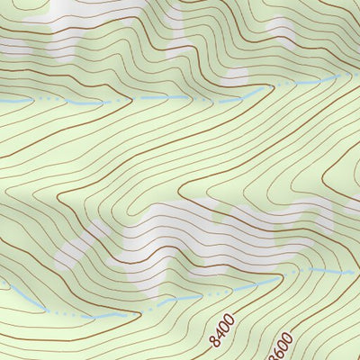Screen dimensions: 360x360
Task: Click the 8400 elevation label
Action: click(x=222, y=331)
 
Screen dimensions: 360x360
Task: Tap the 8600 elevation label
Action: click(x=282, y=345)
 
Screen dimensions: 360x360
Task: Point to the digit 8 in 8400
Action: click(x=214, y=341)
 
